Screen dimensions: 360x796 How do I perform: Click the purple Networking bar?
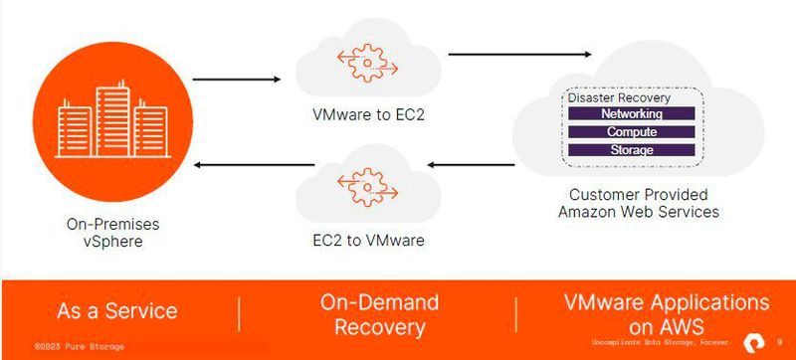click(631, 114)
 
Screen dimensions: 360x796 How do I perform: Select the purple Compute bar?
click(631, 132)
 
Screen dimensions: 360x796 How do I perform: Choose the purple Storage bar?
click(631, 150)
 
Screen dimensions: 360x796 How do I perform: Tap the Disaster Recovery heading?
click(619, 98)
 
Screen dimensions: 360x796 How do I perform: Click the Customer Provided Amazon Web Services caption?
click(637, 203)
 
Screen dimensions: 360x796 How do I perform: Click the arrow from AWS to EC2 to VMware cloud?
click(468, 165)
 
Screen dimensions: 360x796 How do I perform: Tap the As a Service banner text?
click(117, 310)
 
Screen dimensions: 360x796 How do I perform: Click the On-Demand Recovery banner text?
click(379, 315)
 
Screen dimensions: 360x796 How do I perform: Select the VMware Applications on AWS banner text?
click(666, 314)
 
